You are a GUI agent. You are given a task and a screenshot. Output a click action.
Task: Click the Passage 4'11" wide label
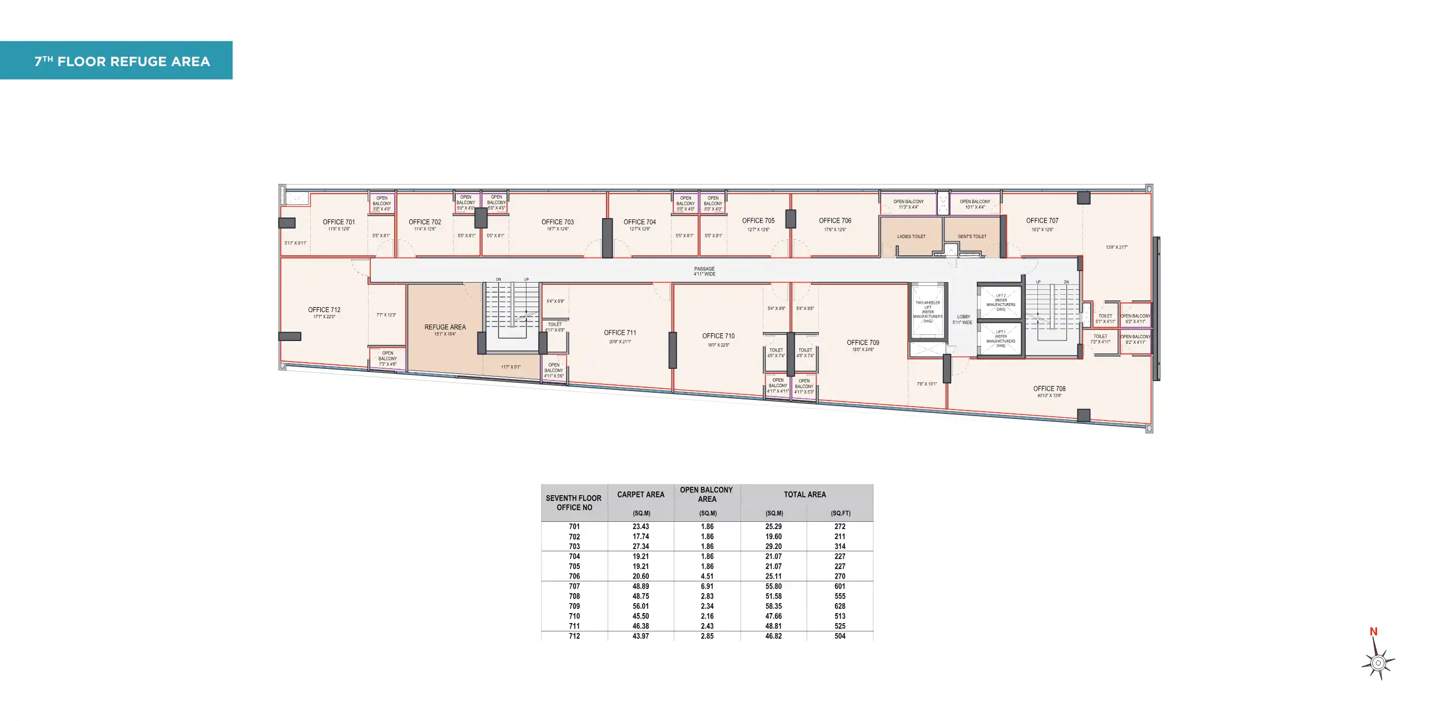pyautogui.click(x=704, y=271)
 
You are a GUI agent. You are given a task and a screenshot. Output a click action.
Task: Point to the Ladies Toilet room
pyautogui.click(x=911, y=236)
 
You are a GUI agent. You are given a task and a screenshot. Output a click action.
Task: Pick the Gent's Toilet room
pyautogui.click(x=972, y=236)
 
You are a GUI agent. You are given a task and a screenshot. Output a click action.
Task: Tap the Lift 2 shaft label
pyautogui.click(x=1001, y=302)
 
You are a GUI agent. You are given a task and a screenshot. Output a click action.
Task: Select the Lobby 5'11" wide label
pyautogui.click(x=963, y=319)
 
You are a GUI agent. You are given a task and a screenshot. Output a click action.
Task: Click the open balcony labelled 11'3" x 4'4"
pyautogui.click(x=908, y=204)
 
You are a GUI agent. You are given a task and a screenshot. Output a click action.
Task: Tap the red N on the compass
pyautogui.click(x=1373, y=631)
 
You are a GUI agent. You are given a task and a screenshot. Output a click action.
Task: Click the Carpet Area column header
pyautogui.click(x=640, y=494)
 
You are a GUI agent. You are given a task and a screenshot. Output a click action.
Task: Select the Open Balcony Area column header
pyautogui.click(x=707, y=493)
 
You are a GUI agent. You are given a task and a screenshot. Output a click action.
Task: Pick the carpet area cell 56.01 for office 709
pyautogui.click(x=640, y=606)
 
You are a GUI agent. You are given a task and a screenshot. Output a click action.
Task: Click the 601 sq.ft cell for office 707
pyautogui.click(x=839, y=586)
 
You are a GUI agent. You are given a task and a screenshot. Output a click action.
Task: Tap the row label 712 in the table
pyautogui.click(x=574, y=636)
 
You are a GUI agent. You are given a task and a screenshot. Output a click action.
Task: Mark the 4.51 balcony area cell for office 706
pyautogui.click(x=707, y=576)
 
